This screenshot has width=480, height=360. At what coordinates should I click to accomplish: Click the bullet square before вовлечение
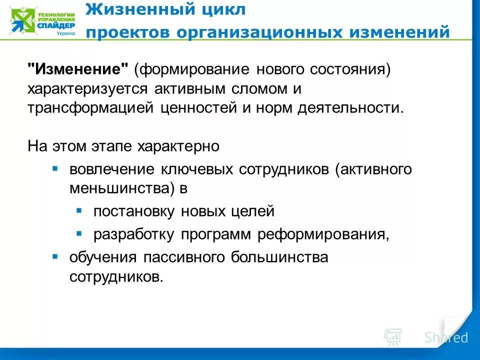click(55, 168)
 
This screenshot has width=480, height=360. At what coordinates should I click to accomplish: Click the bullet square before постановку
click(79, 210)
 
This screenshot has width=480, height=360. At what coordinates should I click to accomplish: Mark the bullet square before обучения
click(55, 256)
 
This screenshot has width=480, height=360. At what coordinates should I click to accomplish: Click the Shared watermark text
click(446, 337)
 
